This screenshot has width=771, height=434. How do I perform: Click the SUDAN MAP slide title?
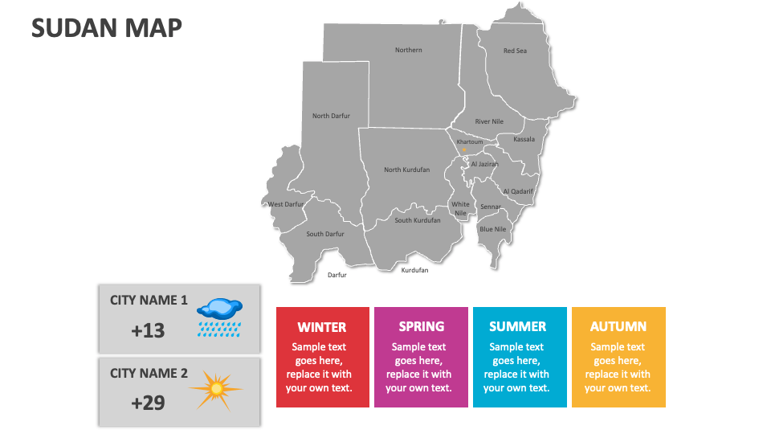pyautogui.click(x=107, y=27)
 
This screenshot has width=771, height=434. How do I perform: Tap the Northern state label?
pyautogui.click(x=409, y=50)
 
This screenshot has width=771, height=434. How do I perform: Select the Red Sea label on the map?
pyautogui.click(x=515, y=51)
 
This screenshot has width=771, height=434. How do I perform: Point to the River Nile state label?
pyautogui.click(x=489, y=121)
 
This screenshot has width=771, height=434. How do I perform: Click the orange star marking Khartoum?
pyautogui.click(x=463, y=149)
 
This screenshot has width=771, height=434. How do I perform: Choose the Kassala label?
pyautogui.click(x=524, y=139)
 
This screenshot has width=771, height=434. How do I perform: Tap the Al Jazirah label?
pyautogui.click(x=485, y=164)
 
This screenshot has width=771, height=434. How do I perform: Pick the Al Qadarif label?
pyautogui.click(x=518, y=191)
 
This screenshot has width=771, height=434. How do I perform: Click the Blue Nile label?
pyautogui.click(x=492, y=229)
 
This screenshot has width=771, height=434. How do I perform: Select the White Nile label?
pyautogui.click(x=461, y=209)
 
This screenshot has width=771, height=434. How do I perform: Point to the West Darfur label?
pyautogui.click(x=286, y=204)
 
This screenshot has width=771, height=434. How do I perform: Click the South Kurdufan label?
pyautogui.click(x=418, y=220)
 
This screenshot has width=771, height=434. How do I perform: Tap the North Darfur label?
pyautogui.click(x=332, y=116)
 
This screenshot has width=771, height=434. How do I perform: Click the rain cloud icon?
pyautogui.click(x=220, y=317)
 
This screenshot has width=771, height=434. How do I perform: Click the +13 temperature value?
pyautogui.click(x=148, y=330)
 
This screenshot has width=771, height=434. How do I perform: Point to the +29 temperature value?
pyautogui.click(x=148, y=403)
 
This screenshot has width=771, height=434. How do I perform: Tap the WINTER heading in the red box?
pyautogui.click(x=322, y=327)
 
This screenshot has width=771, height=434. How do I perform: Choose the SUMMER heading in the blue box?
pyautogui.click(x=518, y=327)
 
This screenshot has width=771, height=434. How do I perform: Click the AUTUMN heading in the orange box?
pyautogui.click(x=618, y=327)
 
